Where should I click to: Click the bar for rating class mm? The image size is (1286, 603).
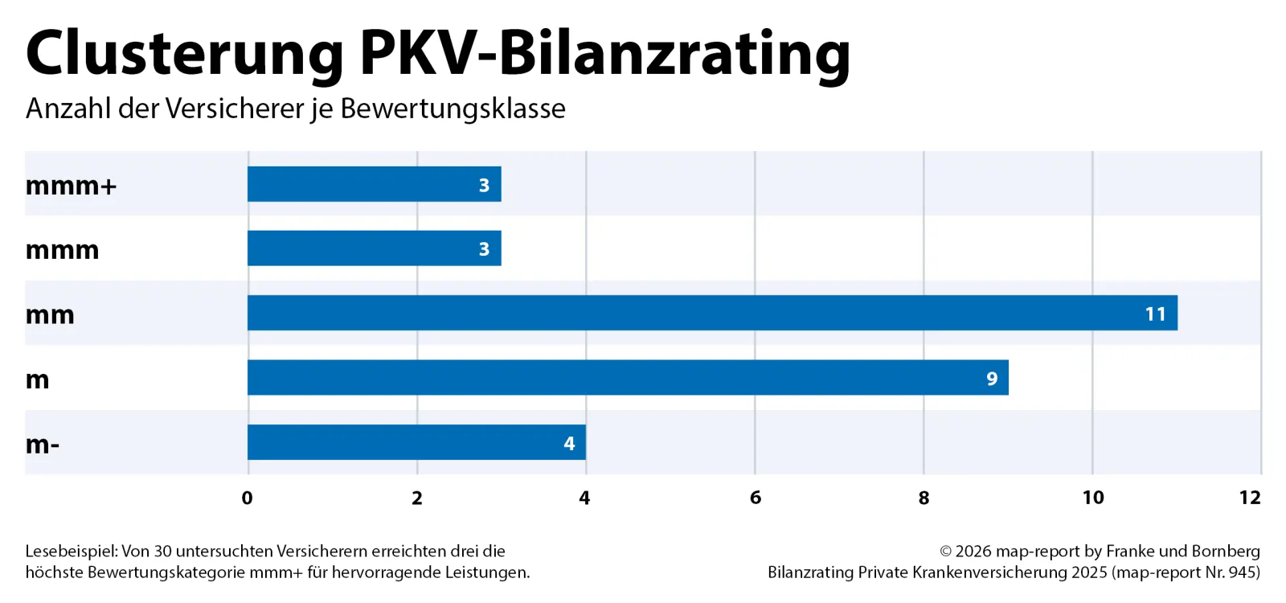[x=712, y=313]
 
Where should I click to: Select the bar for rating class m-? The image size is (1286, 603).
[x=417, y=442]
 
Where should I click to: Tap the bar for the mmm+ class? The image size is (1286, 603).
[x=375, y=184]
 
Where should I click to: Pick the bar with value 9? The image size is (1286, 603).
[x=628, y=377]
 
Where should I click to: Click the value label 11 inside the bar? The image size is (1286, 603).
[x=1155, y=314]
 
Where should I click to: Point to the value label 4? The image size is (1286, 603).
[x=569, y=443]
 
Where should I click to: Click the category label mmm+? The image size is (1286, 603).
[x=72, y=186]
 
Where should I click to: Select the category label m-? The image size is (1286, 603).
[x=43, y=445]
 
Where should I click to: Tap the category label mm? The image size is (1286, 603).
[x=50, y=315]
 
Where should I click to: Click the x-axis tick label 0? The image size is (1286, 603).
[x=248, y=498]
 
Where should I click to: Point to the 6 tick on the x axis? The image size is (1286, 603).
[x=755, y=498]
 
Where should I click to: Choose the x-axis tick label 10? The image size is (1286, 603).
[x=1093, y=498]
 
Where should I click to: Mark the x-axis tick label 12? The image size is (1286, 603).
[x=1250, y=498]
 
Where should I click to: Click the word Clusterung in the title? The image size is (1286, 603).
[x=185, y=54]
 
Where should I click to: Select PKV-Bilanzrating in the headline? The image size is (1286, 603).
[x=605, y=54]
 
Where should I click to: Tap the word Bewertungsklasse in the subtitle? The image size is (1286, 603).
[x=453, y=108]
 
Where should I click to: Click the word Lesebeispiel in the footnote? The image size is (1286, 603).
[x=72, y=552]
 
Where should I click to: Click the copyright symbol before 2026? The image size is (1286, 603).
[x=945, y=552]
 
